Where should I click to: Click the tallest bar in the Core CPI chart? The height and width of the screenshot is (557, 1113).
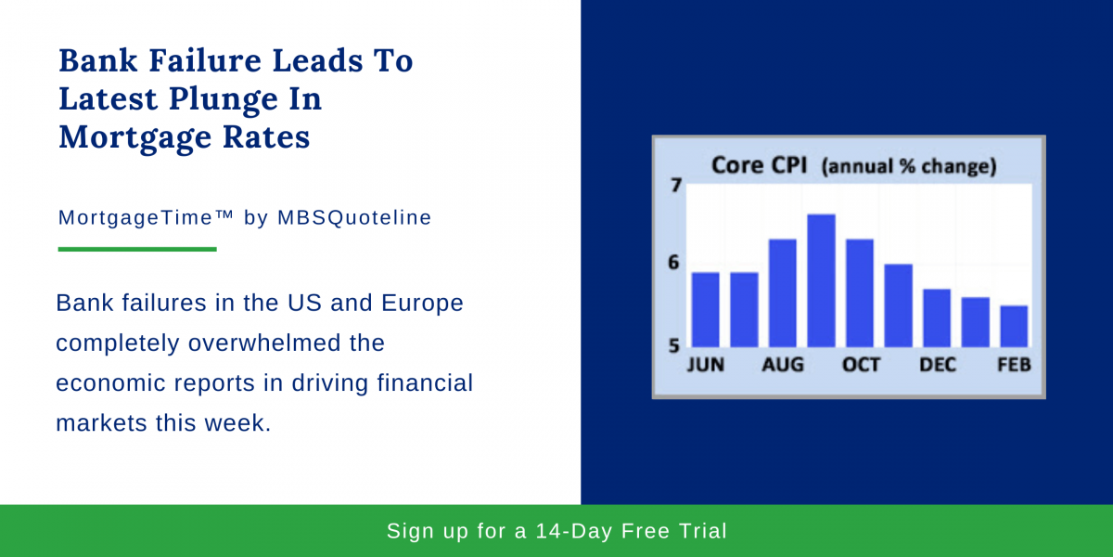click(821, 280)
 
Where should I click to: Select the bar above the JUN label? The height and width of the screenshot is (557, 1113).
click(706, 309)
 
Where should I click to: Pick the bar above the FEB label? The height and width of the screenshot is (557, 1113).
click(1014, 326)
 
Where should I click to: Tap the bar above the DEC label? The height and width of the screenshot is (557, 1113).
click(937, 317)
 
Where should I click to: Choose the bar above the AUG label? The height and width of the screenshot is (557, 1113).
click(783, 293)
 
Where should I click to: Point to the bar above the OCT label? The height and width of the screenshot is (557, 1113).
click(860, 293)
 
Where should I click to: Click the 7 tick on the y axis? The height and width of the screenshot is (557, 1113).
click(676, 186)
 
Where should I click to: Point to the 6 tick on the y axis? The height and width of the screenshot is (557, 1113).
click(673, 262)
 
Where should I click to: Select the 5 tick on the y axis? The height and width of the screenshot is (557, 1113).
click(673, 345)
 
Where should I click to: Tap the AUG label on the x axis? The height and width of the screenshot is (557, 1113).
click(783, 365)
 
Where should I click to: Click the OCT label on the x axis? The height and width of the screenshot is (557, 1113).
click(861, 365)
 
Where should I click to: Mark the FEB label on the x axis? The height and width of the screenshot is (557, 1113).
click(1014, 365)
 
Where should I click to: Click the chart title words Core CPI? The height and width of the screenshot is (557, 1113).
click(760, 165)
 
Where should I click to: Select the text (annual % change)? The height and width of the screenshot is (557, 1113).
click(909, 166)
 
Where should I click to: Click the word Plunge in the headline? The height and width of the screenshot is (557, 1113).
click(245, 99)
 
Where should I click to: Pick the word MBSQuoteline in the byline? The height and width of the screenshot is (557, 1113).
click(354, 217)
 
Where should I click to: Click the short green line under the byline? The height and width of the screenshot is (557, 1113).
click(137, 249)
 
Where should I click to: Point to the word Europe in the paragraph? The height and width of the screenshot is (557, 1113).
click(422, 304)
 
